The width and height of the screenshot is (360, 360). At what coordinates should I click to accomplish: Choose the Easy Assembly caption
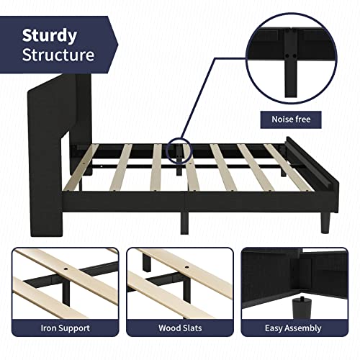pyautogui.click(x=298, y=328)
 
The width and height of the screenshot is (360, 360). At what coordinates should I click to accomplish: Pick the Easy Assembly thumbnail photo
pyautogui.click(x=298, y=281)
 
